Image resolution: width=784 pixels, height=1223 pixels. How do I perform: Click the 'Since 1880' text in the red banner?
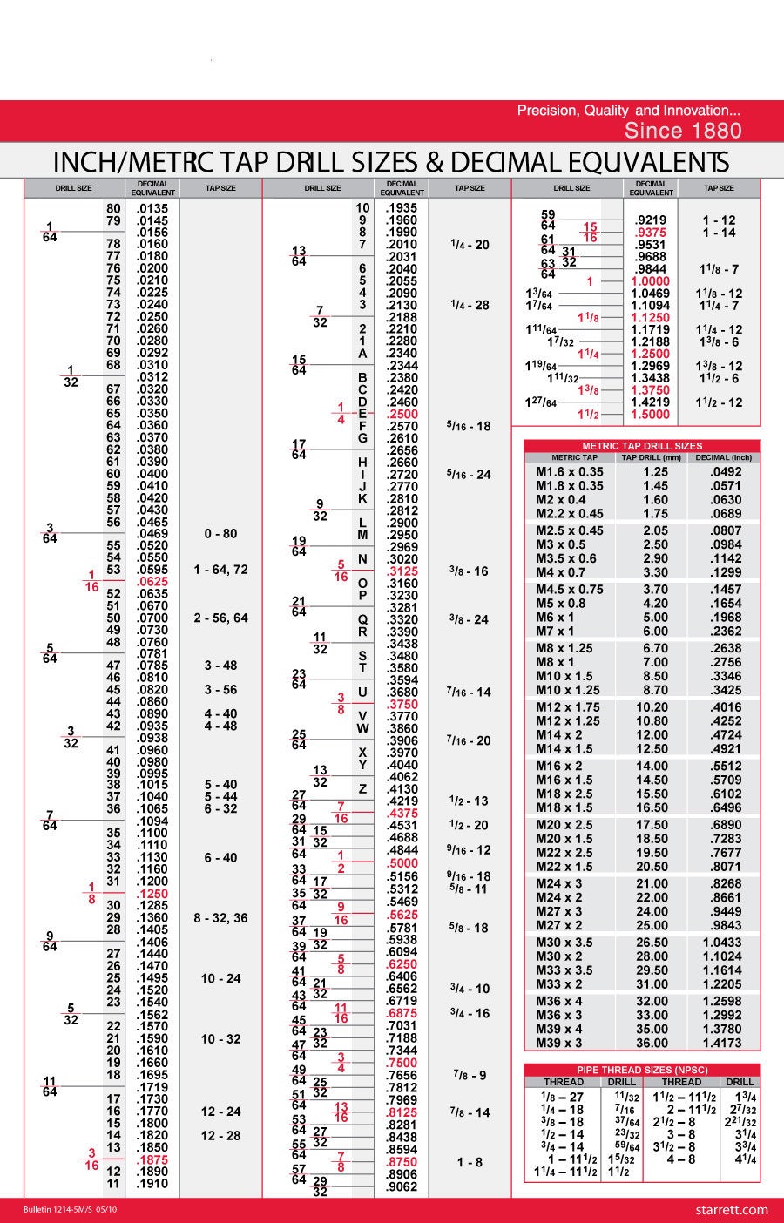683,131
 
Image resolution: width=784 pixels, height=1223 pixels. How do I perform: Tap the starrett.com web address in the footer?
733,1209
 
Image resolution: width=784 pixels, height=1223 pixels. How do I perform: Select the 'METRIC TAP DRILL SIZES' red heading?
641,446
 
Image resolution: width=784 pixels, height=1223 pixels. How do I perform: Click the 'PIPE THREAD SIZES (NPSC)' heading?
642,1070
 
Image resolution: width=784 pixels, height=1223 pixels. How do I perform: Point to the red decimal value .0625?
152,582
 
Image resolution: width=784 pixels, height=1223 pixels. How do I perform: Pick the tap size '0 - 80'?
220,533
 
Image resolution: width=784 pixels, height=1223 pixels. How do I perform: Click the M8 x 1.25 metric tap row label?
564,648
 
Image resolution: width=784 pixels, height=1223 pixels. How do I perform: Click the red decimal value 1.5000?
650,415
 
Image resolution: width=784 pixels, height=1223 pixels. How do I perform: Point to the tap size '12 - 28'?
220,1136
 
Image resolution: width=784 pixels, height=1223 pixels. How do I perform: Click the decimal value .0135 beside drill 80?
152,208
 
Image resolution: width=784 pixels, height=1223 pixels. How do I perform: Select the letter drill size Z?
362,789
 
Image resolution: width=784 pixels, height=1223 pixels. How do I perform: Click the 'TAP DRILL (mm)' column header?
652,457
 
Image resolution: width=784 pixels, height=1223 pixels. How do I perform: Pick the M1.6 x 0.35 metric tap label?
569,471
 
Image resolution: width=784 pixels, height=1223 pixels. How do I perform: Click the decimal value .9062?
402,1186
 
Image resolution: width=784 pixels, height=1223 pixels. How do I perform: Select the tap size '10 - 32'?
220,1039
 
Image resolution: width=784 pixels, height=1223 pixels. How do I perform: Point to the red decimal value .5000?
402,863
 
